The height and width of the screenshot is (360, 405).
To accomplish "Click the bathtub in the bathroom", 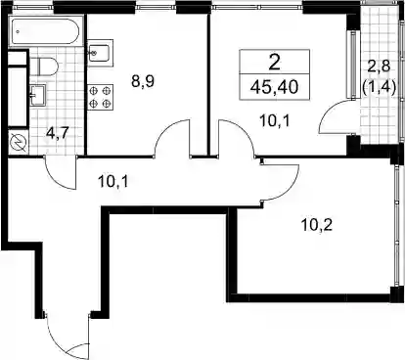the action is click(x=45, y=31).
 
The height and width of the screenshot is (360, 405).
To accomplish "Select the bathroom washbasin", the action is click(x=38, y=95).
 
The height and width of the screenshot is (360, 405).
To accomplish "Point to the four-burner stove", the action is click(x=100, y=97).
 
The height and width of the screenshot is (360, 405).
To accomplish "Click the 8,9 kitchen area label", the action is click(x=143, y=81).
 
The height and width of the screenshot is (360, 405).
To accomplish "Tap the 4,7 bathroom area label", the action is click(x=58, y=134).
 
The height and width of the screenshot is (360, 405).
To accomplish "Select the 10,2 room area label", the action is click(x=317, y=225).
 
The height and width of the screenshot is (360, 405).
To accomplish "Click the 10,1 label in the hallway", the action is click(x=112, y=181).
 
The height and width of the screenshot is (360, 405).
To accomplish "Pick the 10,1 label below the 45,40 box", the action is click(x=275, y=121).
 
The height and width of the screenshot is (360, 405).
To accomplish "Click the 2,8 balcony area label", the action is click(x=379, y=67).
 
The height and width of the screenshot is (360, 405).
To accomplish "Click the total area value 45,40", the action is click(x=275, y=87).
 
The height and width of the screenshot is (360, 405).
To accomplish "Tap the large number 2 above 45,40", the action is click(x=275, y=63).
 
